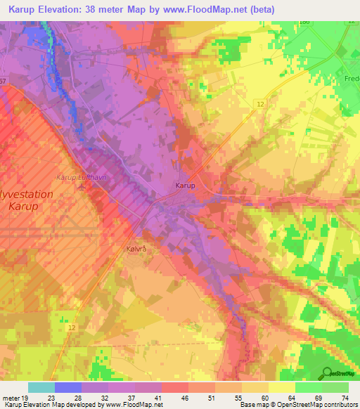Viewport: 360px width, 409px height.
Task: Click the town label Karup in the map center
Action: tap(184, 186)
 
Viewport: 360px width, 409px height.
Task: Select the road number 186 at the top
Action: tap(304, 23)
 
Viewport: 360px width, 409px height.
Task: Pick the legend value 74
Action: tap(344, 398)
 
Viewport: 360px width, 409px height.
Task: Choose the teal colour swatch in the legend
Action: tap(41, 387)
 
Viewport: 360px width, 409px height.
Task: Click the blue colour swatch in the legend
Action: tap(67, 387)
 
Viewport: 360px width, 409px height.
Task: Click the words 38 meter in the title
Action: tap(112, 9)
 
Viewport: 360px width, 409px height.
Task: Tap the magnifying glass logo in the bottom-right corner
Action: tap(326, 372)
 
